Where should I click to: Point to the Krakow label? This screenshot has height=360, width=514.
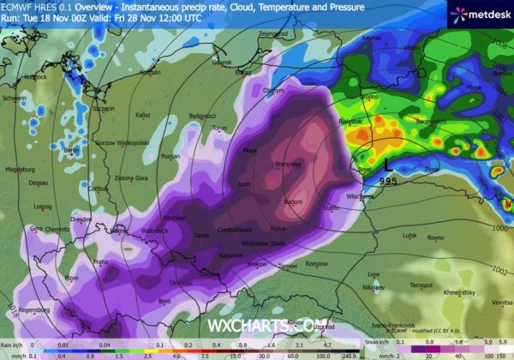point(257,265)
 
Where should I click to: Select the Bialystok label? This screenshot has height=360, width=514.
point(351,123)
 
